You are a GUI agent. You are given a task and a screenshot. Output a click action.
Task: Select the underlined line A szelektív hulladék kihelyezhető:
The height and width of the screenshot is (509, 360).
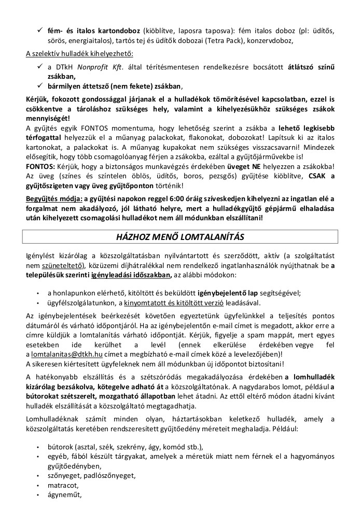[x=79, y=53]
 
